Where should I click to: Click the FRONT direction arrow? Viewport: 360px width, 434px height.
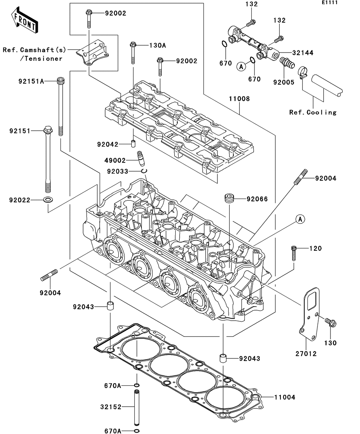coord(24,20)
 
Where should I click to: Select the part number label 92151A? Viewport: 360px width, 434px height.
coord(31,81)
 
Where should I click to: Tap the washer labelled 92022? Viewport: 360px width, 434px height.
coord(48,200)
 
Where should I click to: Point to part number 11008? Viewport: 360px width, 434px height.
coord(239,99)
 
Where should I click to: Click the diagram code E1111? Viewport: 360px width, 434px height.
coord(330,3)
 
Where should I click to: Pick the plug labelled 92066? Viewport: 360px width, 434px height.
coord(230,198)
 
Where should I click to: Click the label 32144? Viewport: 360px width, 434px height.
coord(303,53)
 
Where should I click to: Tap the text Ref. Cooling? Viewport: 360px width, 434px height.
coord(313,112)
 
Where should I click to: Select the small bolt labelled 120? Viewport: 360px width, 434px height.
coord(294,253)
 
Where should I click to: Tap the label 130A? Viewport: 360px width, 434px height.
coord(158,45)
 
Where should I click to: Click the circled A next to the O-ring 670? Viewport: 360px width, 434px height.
coord(241,67)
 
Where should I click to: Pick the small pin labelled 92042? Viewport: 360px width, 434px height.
coord(133,144)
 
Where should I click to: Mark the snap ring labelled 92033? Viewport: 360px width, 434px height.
coord(144,171)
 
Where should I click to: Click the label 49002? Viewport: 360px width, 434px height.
coord(115,160)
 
